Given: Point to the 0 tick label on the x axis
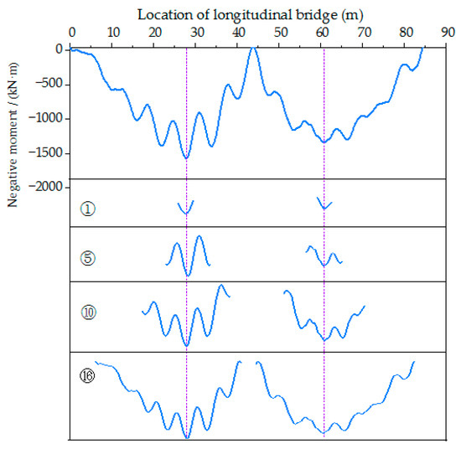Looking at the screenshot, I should [71, 33].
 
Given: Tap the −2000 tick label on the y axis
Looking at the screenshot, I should [47, 187].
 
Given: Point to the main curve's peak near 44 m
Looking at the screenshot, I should [255, 48].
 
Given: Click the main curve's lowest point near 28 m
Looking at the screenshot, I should [186, 157].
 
